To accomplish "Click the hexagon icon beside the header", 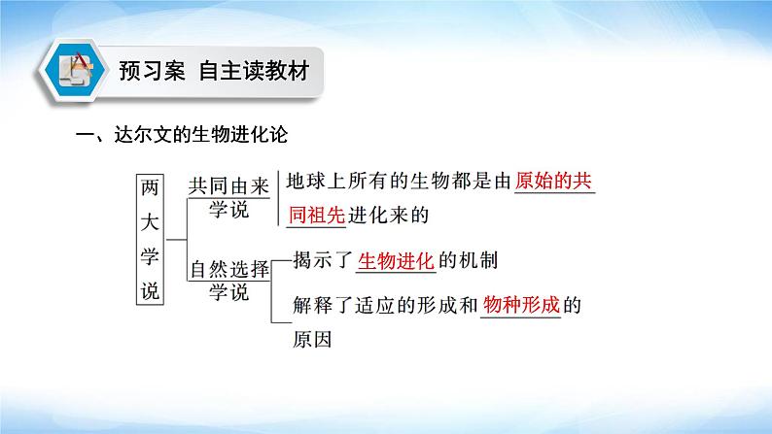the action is pos(74,70).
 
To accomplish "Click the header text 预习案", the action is pos(152,71).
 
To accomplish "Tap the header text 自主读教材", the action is pos(254,71).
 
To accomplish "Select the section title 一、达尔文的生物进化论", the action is pos(182,135).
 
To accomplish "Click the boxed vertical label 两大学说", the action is pos(150,240).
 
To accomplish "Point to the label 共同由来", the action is pos(228,186).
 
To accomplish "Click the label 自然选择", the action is pos(229,269).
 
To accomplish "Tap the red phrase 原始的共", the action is pos(553,181).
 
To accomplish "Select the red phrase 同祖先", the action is pos(317,216).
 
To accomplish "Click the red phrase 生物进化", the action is pos(396,260).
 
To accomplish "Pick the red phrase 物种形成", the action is pos(521,305).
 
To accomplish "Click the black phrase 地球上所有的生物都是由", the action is pos(400,181).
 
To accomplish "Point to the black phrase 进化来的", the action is pos(389,216).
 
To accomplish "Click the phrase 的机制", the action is pos(468,260).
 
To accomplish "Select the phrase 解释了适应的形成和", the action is pos(385,305).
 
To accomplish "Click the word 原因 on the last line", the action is pos(312,340).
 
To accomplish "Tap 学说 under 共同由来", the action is pos(228,210).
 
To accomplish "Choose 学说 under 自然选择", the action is pos(228,292).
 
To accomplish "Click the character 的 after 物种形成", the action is pos(572,305).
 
